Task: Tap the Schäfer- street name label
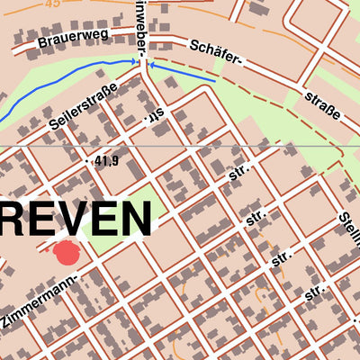pyautogui.click(x=217, y=53)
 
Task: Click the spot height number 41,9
pyautogui.click(x=105, y=161)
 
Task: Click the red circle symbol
pyautogui.click(x=67, y=253)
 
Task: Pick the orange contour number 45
pyautogui.click(x=53, y=4)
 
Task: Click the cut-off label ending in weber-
pyautogui.click(x=141, y=27)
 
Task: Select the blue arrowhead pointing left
pyautogui.click(x=150, y=64)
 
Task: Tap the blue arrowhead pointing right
pyautogui.click(x=136, y=61)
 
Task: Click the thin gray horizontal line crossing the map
pyautogui.click(x=270, y=146)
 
